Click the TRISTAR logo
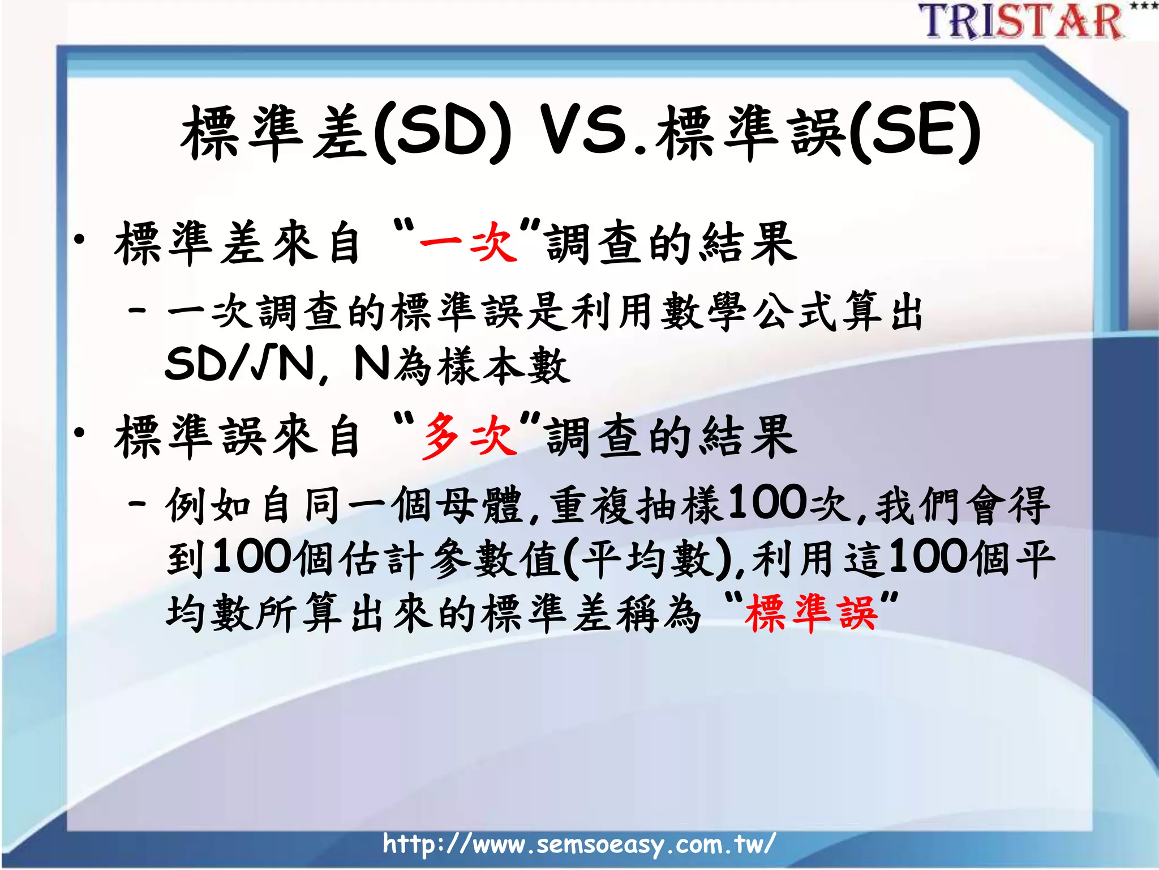point(1022,22)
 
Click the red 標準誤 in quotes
point(811,613)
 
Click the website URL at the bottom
point(578,844)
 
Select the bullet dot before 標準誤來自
point(79,433)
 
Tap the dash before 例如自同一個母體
point(138,503)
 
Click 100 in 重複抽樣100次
point(766,502)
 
